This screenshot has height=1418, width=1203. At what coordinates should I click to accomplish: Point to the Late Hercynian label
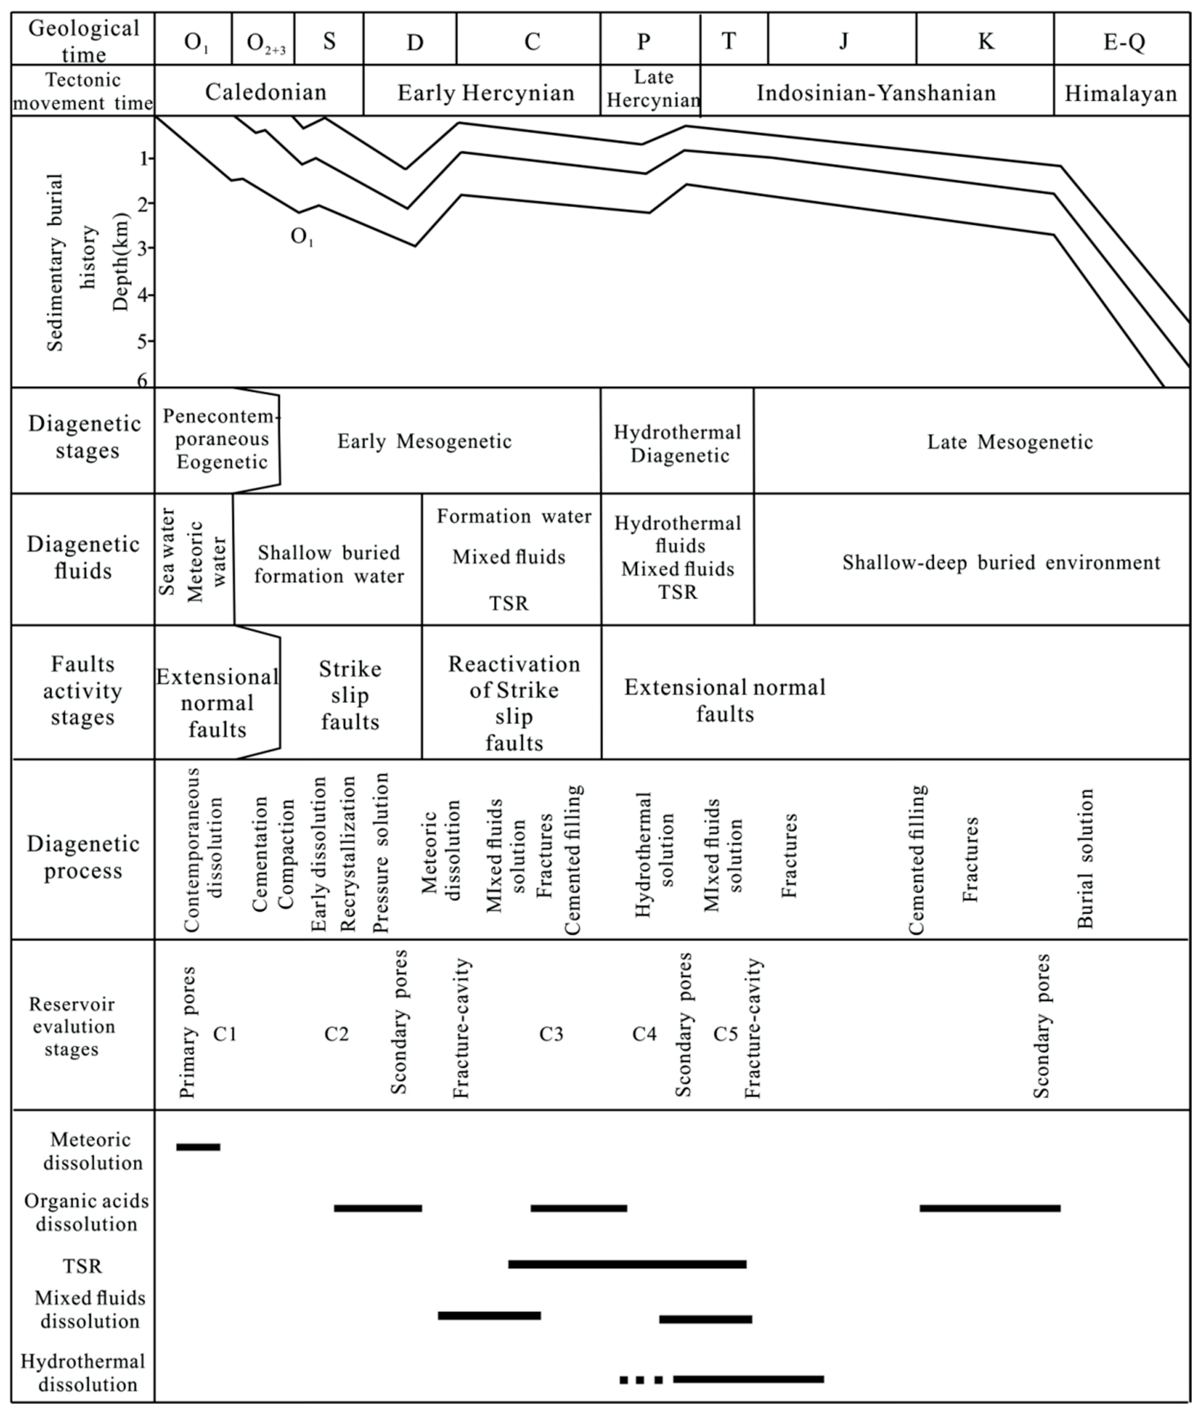652,89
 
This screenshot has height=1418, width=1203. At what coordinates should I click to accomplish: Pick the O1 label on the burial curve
302,237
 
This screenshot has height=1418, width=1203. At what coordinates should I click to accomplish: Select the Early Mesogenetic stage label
424,441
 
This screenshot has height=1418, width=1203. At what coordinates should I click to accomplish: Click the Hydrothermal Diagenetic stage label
677,443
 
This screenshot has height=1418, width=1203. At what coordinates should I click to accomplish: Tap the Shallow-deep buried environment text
1000,563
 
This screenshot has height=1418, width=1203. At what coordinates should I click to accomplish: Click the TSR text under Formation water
509,603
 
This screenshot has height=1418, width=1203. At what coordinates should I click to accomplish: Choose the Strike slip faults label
350,695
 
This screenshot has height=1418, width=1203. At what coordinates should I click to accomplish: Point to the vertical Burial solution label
1086,858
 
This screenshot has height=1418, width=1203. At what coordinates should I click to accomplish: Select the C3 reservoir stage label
551,1034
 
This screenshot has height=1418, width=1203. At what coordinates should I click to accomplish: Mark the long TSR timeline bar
627,1264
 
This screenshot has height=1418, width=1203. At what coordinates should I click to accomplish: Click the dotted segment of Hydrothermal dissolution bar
641,1380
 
